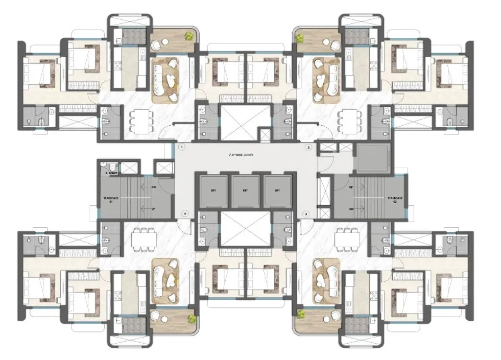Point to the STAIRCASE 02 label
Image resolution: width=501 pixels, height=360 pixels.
coord(392,200)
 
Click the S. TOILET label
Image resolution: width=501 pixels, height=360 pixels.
coord(111,174)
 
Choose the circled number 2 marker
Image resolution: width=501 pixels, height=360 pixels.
coord(308,147)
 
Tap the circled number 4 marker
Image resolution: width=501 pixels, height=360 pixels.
coord(185,213)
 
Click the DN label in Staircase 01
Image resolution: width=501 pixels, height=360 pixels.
coord(154,187)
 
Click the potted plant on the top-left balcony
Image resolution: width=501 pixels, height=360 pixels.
coord(189,36)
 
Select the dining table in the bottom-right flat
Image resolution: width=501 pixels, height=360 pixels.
coord(348,238)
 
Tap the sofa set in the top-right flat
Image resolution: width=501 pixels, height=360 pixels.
coord(325,79)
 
